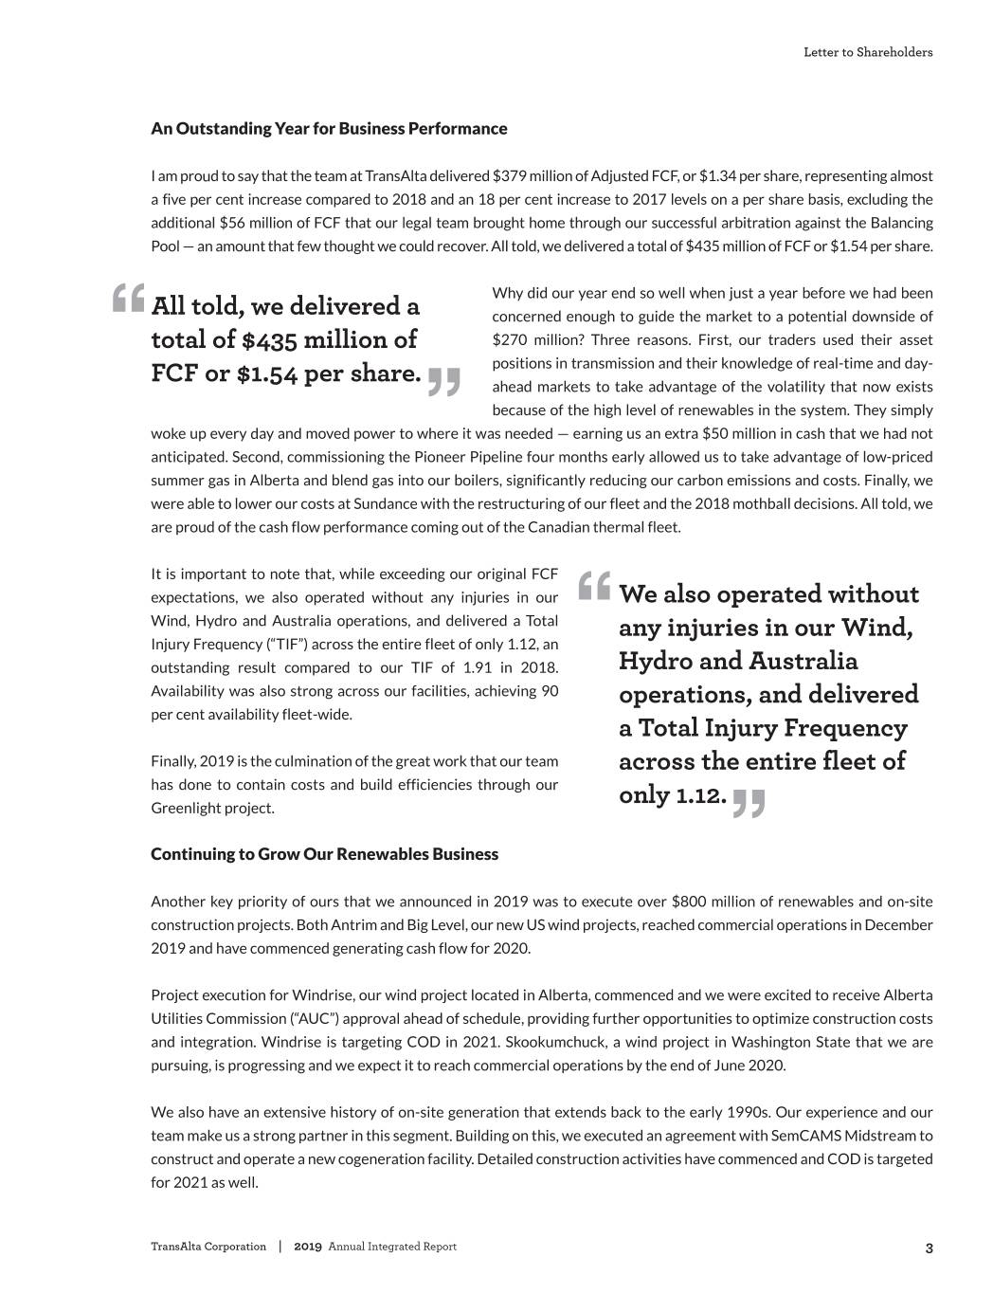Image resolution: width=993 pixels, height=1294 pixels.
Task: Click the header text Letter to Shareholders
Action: pyautogui.click(x=868, y=52)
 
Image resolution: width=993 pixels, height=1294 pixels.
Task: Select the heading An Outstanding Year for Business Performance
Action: pyautogui.click(x=329, y=128)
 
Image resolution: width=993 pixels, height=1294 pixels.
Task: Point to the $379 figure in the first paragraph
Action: pyautogui.click(x=510, y=176)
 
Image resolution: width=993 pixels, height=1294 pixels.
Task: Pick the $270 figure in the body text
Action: pyautogui.click(x=508, y=340)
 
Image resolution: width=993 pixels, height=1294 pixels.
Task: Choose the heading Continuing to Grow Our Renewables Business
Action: pyautogui.click(x=324, y=854)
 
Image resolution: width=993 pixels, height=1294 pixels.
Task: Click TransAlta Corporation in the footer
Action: pyautogui.click(x=208, y=1247)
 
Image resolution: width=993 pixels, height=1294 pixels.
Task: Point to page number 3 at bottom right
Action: pyautogui.click(x=929, y=1248)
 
